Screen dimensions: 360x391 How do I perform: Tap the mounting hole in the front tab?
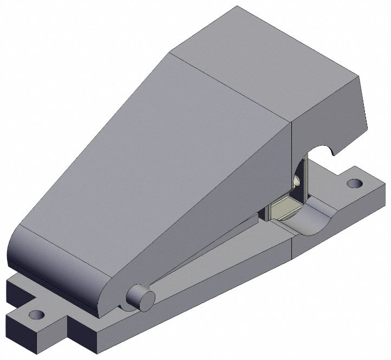36,314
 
